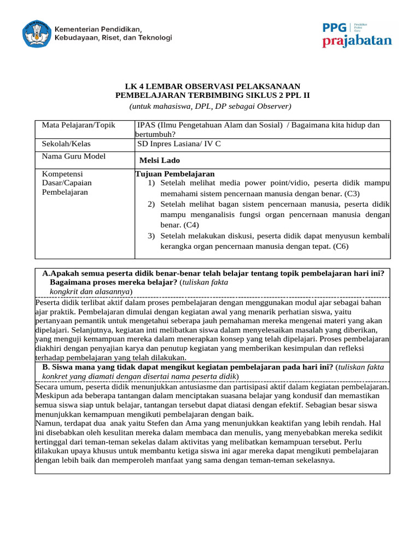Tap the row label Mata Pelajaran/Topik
79,125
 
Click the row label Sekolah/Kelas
66,144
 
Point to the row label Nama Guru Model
74,156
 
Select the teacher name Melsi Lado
160,160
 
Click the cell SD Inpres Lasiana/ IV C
179,144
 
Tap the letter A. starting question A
46,273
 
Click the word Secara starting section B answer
48,386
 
